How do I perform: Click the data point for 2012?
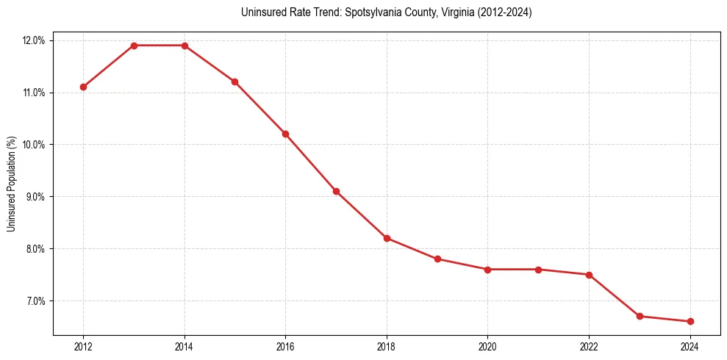point(83,87)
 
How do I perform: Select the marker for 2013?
point(134,46)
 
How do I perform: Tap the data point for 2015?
point(234,82)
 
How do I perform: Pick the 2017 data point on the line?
point(336,191)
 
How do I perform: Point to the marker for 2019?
point(437,259)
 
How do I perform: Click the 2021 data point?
point(538,270)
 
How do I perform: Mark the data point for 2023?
point(640,316)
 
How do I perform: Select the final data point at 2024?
point(690,321)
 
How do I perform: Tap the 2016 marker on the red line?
point(285,134)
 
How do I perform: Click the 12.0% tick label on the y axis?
point(34,40)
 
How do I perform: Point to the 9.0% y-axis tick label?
point(35,197)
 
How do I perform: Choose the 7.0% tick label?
point(35,301)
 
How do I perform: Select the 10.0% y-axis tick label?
point(34,145)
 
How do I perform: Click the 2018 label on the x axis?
point(387,347)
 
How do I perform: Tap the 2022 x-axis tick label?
point(589,347)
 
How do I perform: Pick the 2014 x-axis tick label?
point(185,347)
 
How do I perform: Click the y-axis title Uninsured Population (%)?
point(12,183)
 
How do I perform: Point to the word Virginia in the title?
point(443,12)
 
